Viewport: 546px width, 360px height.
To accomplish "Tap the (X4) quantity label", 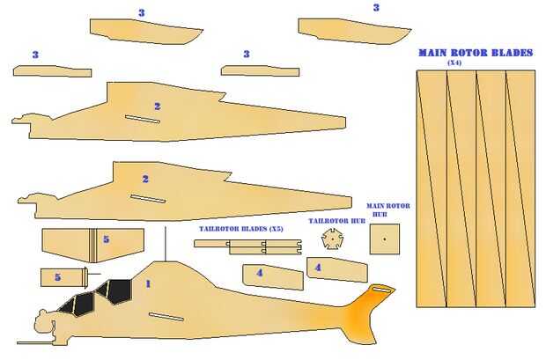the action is coord(454,63).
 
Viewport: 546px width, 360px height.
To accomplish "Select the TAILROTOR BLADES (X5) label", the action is coord(241,229).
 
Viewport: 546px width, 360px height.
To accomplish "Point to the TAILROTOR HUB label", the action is coord(336,221).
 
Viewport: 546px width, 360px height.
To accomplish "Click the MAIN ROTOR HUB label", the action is coord(387,210).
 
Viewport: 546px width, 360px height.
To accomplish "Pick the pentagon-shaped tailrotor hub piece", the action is coord(333,239).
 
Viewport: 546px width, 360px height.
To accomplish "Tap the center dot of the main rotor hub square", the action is coord(385,239).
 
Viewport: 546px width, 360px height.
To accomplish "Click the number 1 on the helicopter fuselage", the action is coord(148,284).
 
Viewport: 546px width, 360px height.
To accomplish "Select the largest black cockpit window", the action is coord(117,291).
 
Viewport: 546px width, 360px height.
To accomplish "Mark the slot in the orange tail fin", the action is coord(381,289).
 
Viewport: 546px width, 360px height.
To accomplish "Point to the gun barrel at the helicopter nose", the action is coord(35,343).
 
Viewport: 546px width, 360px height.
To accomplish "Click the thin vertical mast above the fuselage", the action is coord(166,244).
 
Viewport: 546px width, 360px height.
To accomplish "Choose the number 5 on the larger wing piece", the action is coord(107,239).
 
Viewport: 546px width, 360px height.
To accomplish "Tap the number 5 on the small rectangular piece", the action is coord(58,277).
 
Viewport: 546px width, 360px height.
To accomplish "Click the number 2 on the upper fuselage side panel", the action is coord(158,107).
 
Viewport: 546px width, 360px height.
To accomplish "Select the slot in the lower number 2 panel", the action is coord(148,198).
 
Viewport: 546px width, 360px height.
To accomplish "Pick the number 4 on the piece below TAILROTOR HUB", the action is coord(318,268).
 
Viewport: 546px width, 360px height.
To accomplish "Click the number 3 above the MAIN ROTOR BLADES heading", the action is coord(376,8).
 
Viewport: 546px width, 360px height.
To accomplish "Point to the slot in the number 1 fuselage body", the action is coord(166,317).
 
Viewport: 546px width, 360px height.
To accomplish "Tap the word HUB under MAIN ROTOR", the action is coord(380,214).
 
